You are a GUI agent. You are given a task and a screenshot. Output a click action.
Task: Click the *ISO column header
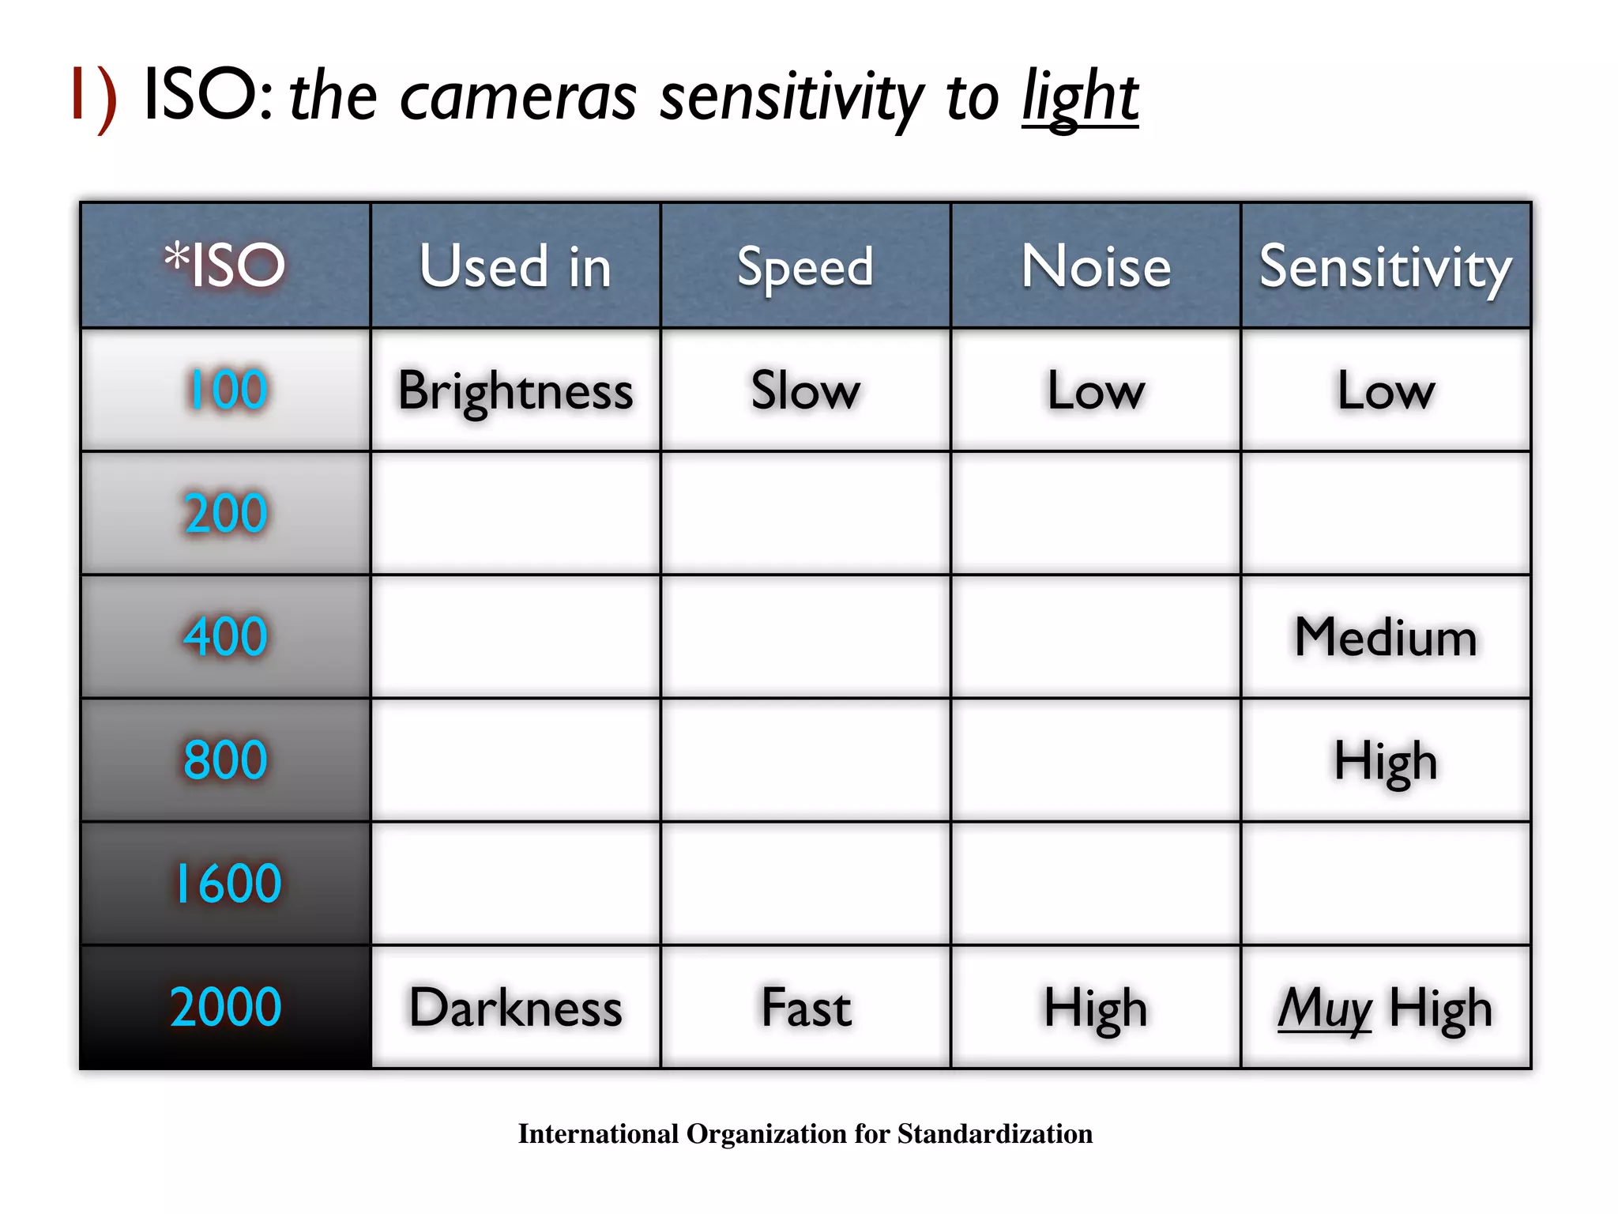pos(225,266)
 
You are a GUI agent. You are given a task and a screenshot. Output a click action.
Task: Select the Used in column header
pos(515,266)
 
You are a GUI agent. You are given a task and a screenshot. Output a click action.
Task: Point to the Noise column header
pos(1096,266)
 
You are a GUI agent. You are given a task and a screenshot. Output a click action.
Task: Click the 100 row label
pos(227,390)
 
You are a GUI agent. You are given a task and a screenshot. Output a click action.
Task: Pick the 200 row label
pos(226,513)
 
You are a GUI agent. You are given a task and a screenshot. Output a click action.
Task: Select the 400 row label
pos(226,636)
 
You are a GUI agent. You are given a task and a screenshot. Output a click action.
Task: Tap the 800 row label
pos(226,760)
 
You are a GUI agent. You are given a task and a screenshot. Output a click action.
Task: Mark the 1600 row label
pos(227,883)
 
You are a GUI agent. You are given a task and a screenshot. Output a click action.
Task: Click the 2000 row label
pos(226,1007)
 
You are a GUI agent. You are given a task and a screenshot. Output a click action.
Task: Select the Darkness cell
pos(515,1008)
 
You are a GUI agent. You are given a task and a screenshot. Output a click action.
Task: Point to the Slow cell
pos(805,390)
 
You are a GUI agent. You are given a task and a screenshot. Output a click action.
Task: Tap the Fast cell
pos(806,1008)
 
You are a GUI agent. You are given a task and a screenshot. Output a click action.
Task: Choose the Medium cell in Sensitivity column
pos(1386,637)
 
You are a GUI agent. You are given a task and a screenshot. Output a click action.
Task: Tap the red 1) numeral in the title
pos(94,96)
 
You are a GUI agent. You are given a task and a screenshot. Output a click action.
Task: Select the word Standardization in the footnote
pos(995,1133)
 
